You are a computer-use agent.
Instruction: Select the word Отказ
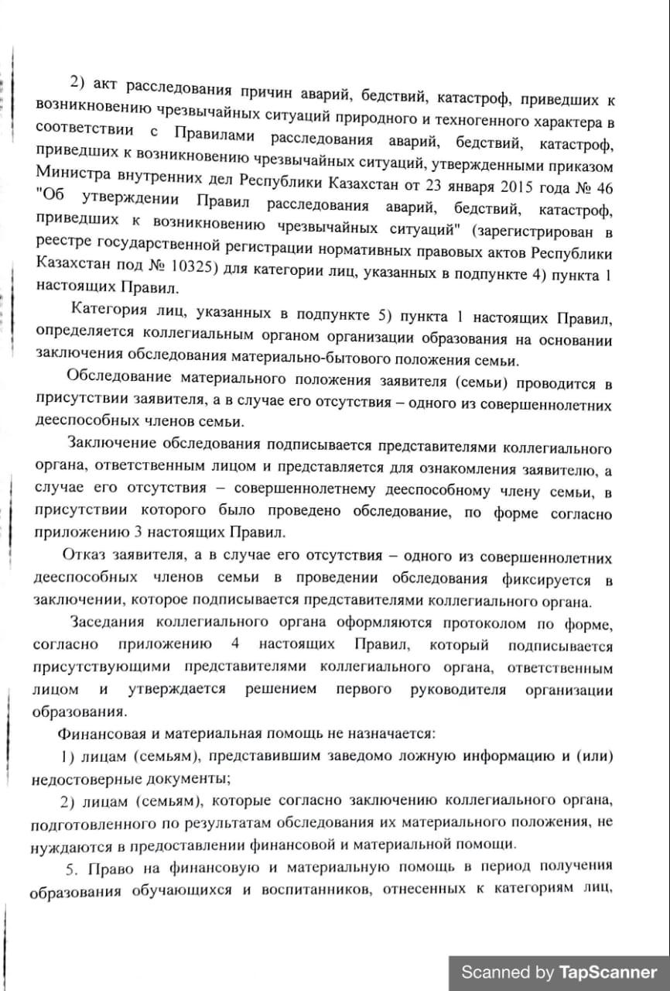(84, 557)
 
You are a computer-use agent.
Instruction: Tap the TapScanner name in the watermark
(608, 972)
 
